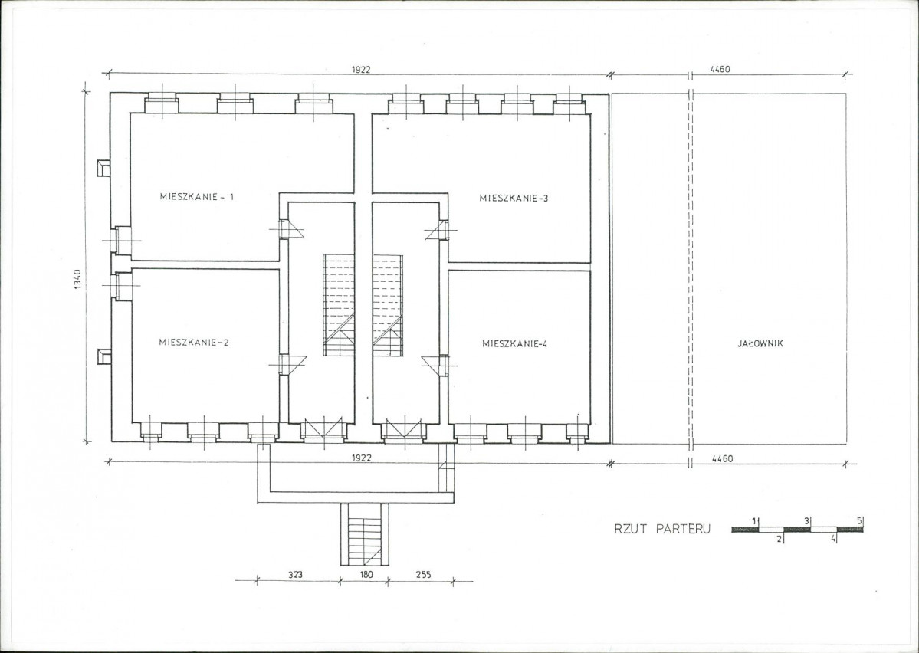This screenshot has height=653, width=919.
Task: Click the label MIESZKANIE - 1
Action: pyautogui.click(x=197, y=197)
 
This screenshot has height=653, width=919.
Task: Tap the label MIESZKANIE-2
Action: pyautogui.click(x=193, y=343)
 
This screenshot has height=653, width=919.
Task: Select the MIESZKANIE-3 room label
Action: pyautogui.click(x=514, y=199)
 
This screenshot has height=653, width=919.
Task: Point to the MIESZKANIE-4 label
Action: pyautogui.click(x=514, y=344)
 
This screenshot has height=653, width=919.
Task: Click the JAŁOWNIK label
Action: pyautogui.click(x=760, y=343)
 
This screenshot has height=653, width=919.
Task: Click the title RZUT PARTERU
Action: pyautogui.click(x=662, y=529)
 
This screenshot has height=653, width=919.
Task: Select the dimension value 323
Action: pyautogui.click(x=295, y=575)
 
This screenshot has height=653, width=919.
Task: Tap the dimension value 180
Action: pyautogui.click(x=366, y=575)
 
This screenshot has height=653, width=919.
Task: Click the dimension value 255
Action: pyautogui.click(x=422, y=575)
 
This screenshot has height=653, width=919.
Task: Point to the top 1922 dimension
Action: pyautogui.click(x=361, y=69)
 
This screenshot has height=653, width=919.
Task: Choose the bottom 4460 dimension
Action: pyautogui.click(x=722, y=459)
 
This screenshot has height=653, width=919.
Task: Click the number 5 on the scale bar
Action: pyautogui.click(x=860, y=520)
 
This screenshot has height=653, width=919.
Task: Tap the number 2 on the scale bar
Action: pyautogui.click(x=779, y=540)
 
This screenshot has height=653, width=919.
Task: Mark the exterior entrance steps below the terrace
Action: pyautogui.click(x=365, y=534)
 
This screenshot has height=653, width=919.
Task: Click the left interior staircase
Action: pyautogui.click(x=340, y=305)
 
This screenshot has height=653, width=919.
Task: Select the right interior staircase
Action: pyautogui.click(x=388, y=305)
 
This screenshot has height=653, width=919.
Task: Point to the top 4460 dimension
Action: pyautogui.click(x=720, y=69)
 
